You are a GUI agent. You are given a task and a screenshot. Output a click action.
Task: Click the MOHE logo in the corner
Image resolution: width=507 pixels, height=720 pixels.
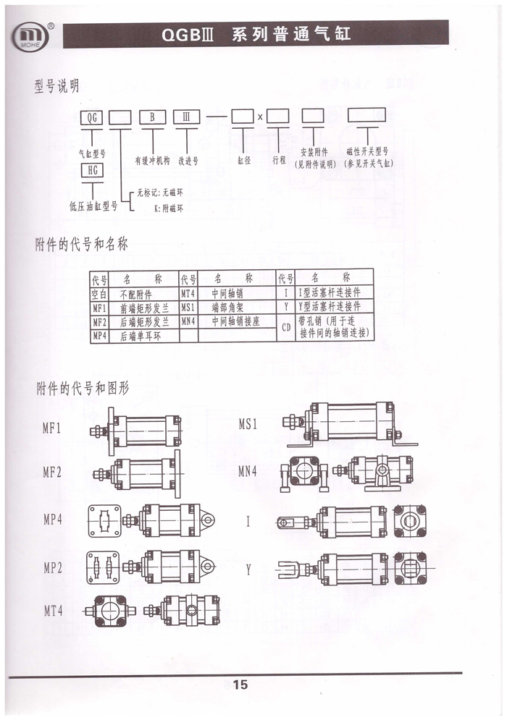(x=31, y=35)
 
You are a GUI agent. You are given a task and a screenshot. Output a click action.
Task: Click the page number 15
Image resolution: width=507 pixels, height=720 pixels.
(x=240, y=685)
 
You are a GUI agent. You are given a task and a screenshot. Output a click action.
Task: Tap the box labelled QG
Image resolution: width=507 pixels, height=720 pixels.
(x=92, y=117)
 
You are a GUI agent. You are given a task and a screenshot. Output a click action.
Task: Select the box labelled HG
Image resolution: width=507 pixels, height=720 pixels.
(x=93, y=170)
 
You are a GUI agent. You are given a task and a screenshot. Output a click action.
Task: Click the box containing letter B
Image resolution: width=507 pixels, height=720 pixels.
(x=152, y=117)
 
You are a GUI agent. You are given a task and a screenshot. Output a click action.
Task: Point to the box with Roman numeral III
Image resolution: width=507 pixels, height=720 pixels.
(x=186, y=117)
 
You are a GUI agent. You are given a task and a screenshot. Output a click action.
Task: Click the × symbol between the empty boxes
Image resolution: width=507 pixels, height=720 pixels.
(x=260, y=117)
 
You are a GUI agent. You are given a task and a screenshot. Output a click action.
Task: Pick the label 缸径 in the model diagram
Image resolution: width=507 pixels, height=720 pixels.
(x=244, y=160)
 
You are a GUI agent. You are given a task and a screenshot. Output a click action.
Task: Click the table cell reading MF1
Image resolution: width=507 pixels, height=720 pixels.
(x=99, y=308)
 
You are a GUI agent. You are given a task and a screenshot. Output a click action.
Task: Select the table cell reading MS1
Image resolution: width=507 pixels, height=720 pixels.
(x=188, y=308)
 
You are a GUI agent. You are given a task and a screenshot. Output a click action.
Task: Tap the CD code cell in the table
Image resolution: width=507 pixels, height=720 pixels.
(x=286, y=327)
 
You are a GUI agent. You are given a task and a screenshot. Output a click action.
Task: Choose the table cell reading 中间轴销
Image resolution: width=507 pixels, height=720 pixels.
(x=227, y=293)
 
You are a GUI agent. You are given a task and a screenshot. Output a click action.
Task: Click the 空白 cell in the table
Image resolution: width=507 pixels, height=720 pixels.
(x=99, y=294)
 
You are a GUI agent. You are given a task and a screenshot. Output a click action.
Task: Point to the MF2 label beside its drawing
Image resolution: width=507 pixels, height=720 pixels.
(x=52, y=472)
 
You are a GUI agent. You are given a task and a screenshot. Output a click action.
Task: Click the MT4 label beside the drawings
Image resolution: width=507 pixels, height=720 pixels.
(x=53, y=611)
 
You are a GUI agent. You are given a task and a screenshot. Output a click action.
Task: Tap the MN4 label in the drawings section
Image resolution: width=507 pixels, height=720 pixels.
(x=247, y=471)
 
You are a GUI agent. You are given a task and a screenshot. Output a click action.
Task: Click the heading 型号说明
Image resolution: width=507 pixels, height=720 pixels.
(x=56, y=86)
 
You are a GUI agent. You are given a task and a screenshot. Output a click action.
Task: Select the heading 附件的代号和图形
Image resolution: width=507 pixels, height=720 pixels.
(x=83, y=389)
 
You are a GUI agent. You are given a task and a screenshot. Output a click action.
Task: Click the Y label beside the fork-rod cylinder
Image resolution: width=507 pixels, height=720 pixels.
(x=248, y=569)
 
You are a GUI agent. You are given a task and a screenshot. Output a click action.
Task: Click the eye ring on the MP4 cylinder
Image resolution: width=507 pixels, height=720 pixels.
(x=208, y=520)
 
